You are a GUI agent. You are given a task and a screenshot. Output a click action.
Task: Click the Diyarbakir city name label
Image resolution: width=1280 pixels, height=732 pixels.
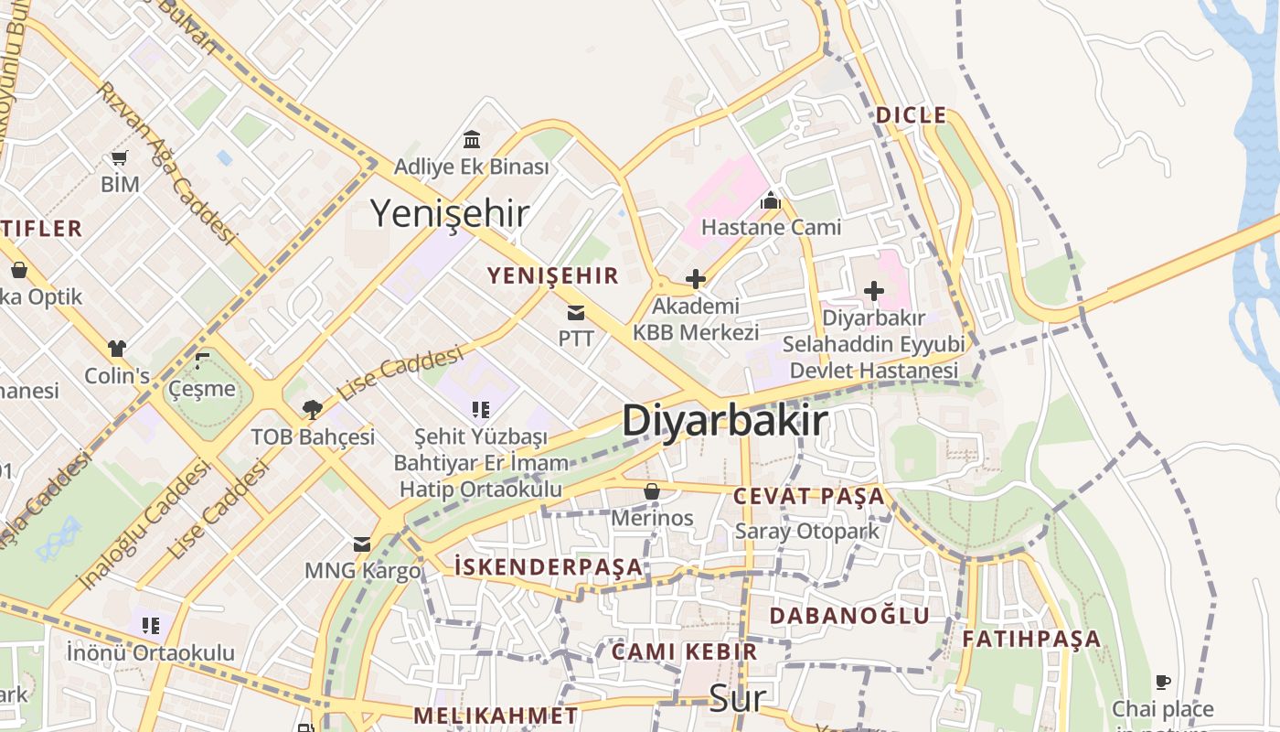[x=725, y=421]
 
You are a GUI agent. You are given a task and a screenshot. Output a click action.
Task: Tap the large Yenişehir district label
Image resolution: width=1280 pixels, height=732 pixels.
[x=449, y=213]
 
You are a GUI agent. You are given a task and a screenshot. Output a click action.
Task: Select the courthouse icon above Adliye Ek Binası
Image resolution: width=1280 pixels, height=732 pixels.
[x=472, y=140]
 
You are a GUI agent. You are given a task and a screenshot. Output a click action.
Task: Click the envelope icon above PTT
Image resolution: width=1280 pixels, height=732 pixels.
[x=576, y=313]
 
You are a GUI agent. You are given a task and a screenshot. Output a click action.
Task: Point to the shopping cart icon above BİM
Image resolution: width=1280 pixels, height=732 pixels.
[x=120, y=158]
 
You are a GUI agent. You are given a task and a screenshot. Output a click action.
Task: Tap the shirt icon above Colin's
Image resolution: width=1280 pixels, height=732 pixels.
[x=116, y=349]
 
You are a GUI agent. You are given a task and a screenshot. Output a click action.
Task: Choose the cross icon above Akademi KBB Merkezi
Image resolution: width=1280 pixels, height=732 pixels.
[x=696, y=278]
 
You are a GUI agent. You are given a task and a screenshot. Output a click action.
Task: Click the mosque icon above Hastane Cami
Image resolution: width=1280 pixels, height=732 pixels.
[x=771, y=199]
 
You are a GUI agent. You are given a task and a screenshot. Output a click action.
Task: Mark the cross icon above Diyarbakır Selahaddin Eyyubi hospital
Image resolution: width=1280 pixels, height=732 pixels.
[x=874, y=291]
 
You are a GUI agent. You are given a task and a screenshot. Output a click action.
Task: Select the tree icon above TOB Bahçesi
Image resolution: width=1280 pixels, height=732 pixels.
[x=313, y=409]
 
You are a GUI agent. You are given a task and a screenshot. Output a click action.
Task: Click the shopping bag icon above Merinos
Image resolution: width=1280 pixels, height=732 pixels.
[x=652, y=491]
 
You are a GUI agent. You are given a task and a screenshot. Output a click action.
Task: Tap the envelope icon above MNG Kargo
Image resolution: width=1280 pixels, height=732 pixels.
[x=362, y=544]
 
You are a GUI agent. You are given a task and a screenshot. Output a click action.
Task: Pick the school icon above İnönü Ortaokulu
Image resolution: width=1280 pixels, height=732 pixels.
[x=151, y=626]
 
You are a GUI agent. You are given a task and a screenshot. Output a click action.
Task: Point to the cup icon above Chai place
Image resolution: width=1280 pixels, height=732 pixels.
[x=1162, y=682]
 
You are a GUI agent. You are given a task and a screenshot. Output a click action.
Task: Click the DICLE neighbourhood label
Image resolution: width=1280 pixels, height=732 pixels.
[x=911, y=115]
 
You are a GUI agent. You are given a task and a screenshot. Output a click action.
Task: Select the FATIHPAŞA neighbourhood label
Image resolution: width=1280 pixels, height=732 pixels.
[x=1031, y=639]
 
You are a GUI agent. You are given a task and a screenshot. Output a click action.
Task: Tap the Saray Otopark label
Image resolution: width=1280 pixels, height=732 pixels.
[x=807, y=531]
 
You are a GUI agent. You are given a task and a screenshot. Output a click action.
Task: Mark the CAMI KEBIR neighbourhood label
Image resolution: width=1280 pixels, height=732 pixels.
[x=684, y=651]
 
